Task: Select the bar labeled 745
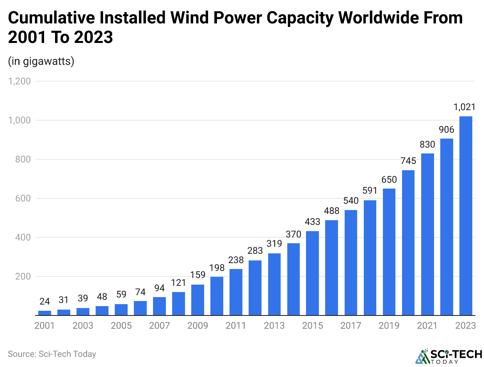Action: pos(408,242)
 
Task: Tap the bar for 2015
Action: pos(313,273)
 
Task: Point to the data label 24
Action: pos(44,302)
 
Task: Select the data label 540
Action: pos(351,201)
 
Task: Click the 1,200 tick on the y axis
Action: pos(20,81)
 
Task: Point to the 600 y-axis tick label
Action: pos(23,198)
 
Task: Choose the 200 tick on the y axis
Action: pos(23,276)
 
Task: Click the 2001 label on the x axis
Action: pos(44,325)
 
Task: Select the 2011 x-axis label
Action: pos(236,325)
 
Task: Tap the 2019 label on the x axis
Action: pos(389,325)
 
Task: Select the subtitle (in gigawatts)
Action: pos(41,61)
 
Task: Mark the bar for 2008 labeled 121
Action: pos(178,303)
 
